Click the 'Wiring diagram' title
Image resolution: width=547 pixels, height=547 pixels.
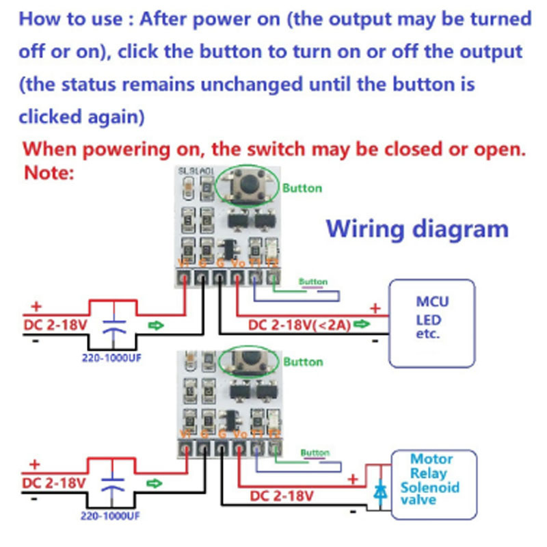(417, 228)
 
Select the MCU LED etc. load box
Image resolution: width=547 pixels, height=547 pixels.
(431, 322)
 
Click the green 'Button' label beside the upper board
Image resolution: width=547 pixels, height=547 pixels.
(302, 188)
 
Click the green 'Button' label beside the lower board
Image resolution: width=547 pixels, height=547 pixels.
(303, 361)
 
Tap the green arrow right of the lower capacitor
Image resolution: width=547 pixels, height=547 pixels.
(156, 483)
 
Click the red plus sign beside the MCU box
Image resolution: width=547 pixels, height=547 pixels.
(374, 308)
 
